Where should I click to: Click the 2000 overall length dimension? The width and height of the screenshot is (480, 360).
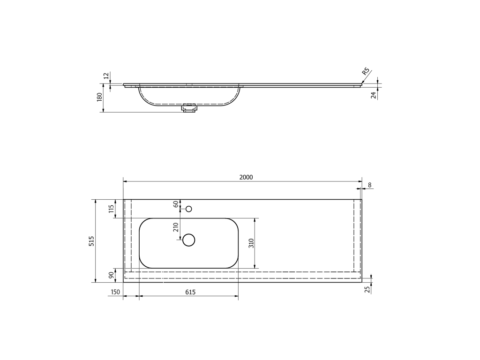(x=246, y=177)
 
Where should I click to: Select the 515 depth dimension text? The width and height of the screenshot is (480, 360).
(x=91, y=241)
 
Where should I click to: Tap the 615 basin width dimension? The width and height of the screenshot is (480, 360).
(x=190, y=292)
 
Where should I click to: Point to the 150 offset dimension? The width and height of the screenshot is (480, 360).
(x=115, y=292)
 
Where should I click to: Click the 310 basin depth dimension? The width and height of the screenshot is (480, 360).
(x=252, y=243)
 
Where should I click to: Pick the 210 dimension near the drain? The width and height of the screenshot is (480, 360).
(x=176, y=227)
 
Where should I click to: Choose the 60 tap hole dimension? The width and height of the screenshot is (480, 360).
(x=176, y=204)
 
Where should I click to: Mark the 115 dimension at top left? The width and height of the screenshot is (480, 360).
(x=112, y=209)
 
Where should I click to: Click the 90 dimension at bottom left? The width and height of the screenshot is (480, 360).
(x=112, y=275)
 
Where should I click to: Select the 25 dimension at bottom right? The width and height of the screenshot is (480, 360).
(x=367, y=289)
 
